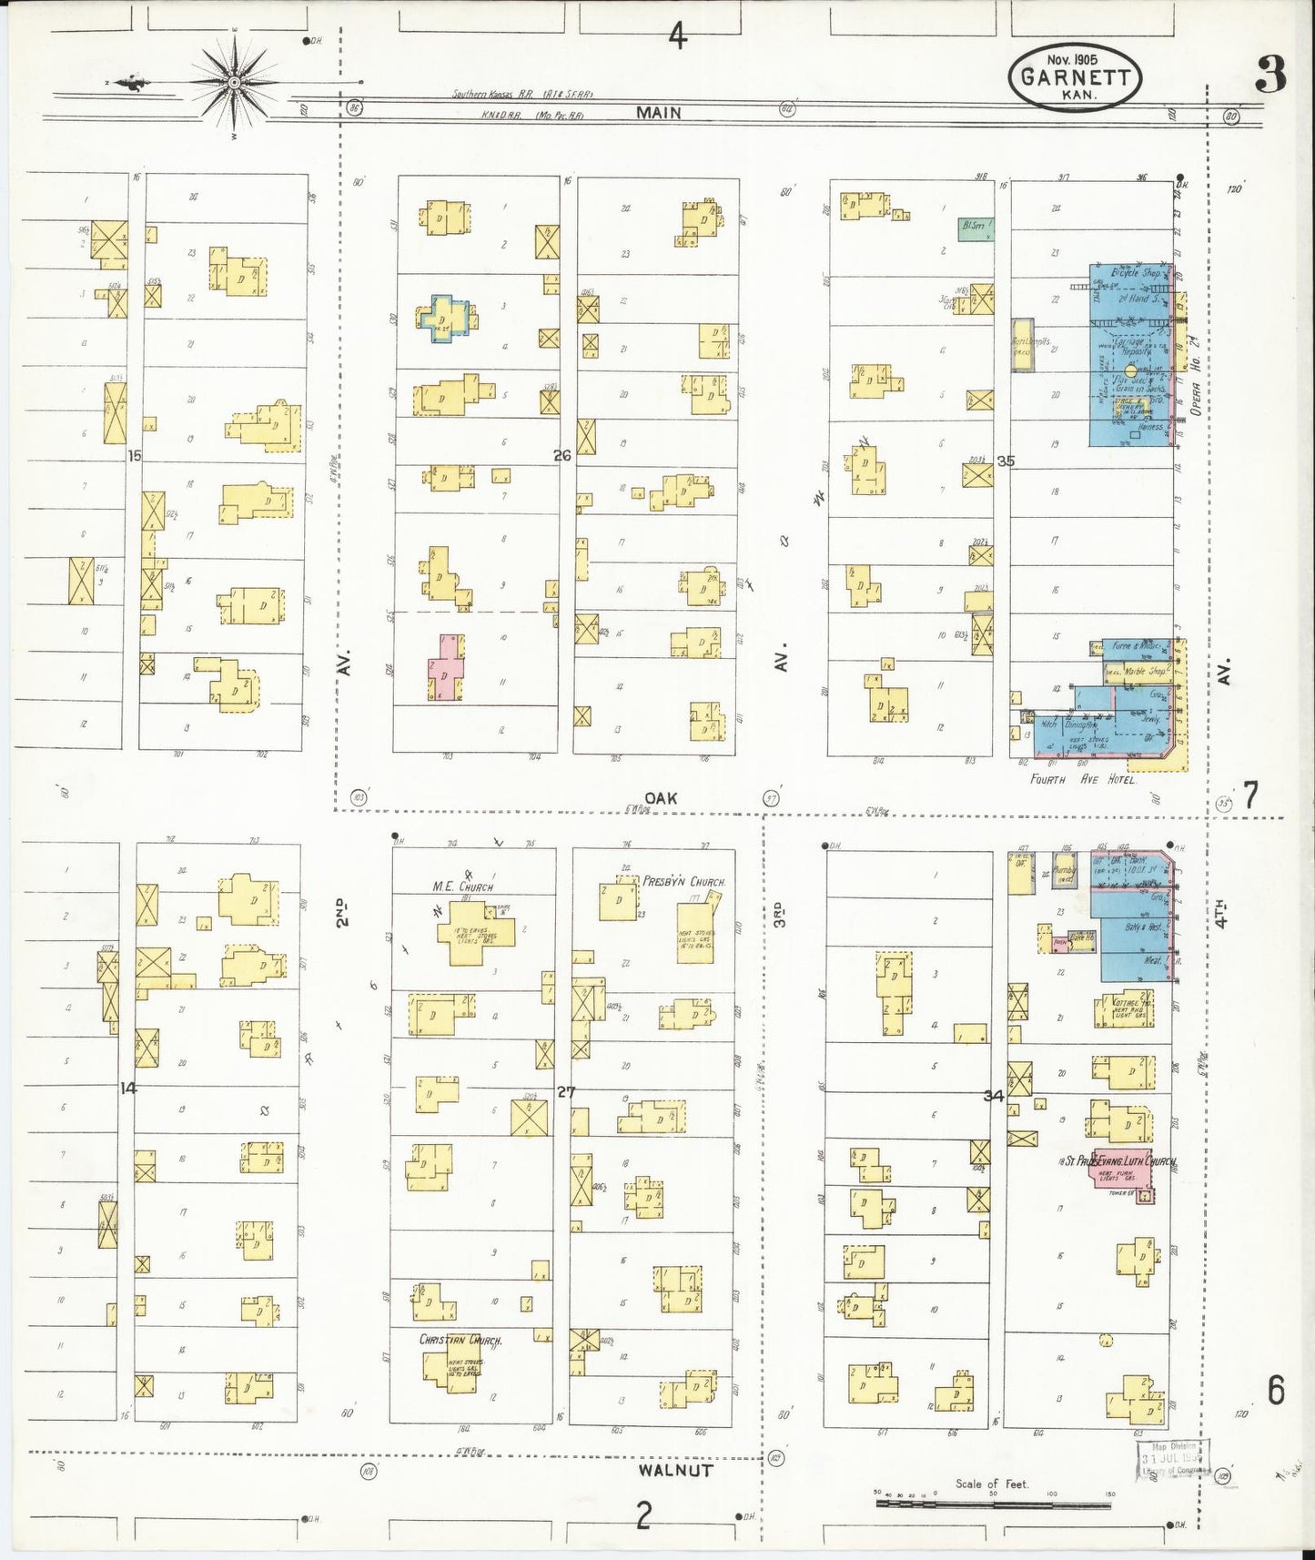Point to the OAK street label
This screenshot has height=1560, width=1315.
(x=661, y=798)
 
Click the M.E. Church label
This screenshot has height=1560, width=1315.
(x=463, y=886)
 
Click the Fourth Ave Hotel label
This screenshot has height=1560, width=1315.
(x=1082, y=779)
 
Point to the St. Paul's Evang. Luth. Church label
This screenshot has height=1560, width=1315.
(x=1120, y=1161)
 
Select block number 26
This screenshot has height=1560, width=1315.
(x=562, y=455)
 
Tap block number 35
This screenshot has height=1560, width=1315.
(x=1005, y=461)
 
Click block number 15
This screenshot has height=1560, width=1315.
(x=135, y=455)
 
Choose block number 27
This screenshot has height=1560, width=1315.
(x=566, y=1091)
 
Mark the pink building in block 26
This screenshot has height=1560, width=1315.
(x=446, y=666)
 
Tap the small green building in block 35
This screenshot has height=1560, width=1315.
(x=975, y=228)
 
